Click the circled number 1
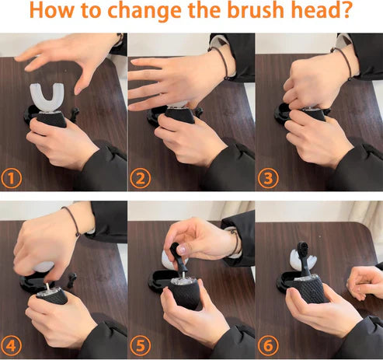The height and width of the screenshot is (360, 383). pyautogui.click(x=11, y=178)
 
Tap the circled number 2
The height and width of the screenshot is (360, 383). pyautogui.click(x=140, y=178)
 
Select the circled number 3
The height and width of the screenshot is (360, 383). pyautogui.click(x=268, y=178)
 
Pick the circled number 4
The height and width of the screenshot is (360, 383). pyautogui.click(x=11, y=345)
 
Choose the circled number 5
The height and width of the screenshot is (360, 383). pyautogui.click(x=140, y=345)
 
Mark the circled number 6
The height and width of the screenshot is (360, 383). pyautogui.click(x=268, y=345)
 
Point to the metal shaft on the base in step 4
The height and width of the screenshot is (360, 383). pyautogui.click(x=47, y=287)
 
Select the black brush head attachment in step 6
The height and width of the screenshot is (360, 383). pyautogui.click(x=304, y=257)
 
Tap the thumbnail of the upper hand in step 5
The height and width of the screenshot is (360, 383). pyautogui.click(x=182, y=250)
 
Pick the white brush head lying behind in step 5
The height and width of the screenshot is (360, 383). pyautogui.click(x=168, y=258)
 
